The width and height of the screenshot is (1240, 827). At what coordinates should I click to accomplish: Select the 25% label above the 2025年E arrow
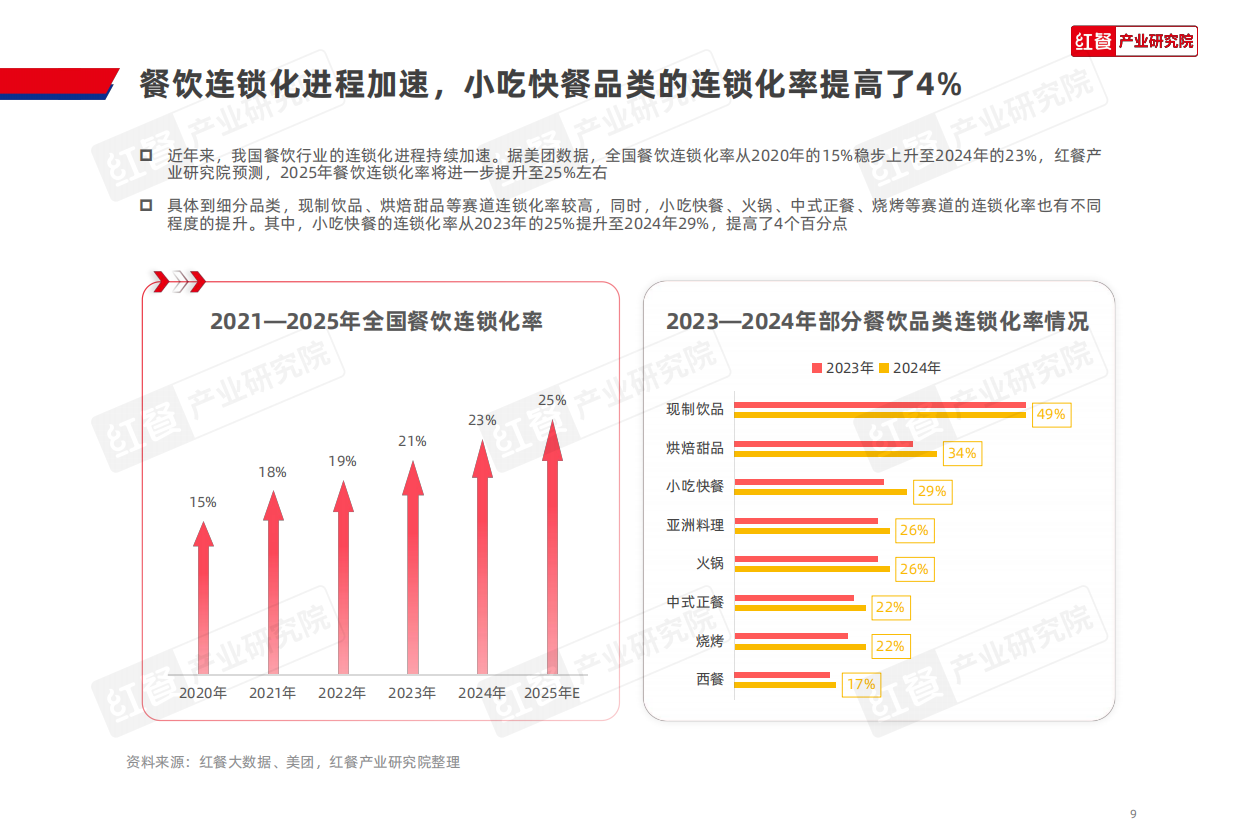pyautogui.click(x=552, y=400)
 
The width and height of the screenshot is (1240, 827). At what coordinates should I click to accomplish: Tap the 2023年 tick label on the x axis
pyautogui.click(x=412, y=692)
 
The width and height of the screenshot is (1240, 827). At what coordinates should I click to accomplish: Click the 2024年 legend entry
pyautogui.click(x=910, y=368)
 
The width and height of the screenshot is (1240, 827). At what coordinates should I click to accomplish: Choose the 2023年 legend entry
pyautogui.click(x=842, y=368)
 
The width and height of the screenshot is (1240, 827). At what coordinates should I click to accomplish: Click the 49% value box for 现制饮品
pyautogui.click(x=1051, y=414)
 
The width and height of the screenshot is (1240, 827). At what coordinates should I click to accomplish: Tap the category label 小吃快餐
pyautogui.click(x=695, y=486)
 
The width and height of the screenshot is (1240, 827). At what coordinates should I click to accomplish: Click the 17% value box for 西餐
pyautogui.click(x=860, y=685)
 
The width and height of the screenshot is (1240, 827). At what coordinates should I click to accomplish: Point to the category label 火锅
pyautogui.click(x=710, y=563)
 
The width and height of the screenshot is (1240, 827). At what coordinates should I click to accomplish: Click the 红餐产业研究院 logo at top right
pyautogui.click(x=1134, y=41)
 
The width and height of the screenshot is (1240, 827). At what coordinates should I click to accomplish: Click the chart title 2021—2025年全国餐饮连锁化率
pyautogui.click(x=376, y=322)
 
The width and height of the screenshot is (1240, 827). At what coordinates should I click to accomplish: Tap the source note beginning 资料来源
pyautogui.click(x=293, y=762)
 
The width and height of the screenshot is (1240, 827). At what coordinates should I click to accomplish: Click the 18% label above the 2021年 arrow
pyautogui.click(x=273, y=472)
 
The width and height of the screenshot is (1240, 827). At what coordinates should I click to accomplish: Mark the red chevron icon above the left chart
pyautogui.click(x=179, y=281)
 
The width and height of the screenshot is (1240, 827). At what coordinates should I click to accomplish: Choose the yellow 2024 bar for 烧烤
pyautogui.click(x=800, y=646)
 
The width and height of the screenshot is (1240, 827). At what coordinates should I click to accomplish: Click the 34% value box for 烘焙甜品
pyautogui.click(x=962, y=453)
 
